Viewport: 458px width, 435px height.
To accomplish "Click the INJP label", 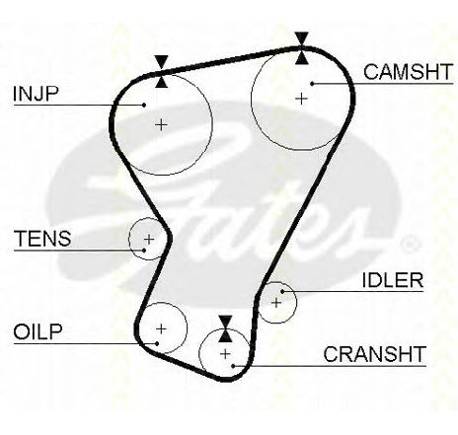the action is click(x=36, y=94).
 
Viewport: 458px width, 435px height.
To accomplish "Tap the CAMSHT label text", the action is click(x=409, y=72).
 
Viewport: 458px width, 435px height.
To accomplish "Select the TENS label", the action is click(x=42, y=239).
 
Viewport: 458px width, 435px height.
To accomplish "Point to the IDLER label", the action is click(x=393, y=280).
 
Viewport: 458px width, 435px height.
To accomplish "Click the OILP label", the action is click(x=38, y=331).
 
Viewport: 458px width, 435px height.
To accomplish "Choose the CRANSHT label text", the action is click(x=374, y=354).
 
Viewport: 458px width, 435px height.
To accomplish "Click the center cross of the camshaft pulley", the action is click(x=301, y=99).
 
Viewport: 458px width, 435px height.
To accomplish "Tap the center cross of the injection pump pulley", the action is click(x=161, y=125).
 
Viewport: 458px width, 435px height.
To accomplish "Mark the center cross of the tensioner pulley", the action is click(x=149, y=239).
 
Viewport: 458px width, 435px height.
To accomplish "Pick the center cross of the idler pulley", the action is click(x=276, y=303).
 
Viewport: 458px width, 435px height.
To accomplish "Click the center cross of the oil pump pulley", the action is click(x=161, y=328).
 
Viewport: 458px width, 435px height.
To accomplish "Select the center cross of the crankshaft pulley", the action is click(x=225, y=354).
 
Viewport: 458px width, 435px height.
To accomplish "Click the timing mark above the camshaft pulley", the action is click(x=301, y=48).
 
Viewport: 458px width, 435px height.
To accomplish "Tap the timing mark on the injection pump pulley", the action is click(x=161, y=72).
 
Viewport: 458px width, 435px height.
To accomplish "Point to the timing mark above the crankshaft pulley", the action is click(x=225, y=328).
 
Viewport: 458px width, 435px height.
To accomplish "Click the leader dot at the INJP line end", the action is click(x=144, y=105).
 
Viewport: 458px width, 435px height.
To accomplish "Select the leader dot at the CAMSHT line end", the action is click(x=312, y=84).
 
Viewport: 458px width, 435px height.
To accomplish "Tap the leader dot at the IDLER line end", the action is click(x=282, y=291).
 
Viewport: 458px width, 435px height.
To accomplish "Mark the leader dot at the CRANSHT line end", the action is click(x=233, y=366).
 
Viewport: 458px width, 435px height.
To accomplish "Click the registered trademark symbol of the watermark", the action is click(x=410, y=244).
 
